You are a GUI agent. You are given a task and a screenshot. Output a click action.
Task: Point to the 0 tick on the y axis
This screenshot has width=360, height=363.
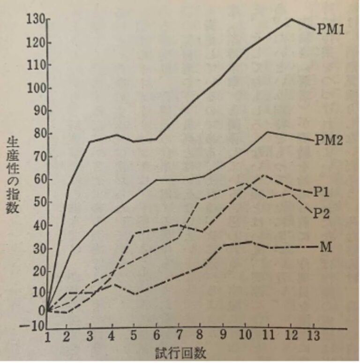[x=41, y=310]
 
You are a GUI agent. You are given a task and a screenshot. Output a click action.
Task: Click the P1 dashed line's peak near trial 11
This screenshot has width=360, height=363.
[x=265, y=175]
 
